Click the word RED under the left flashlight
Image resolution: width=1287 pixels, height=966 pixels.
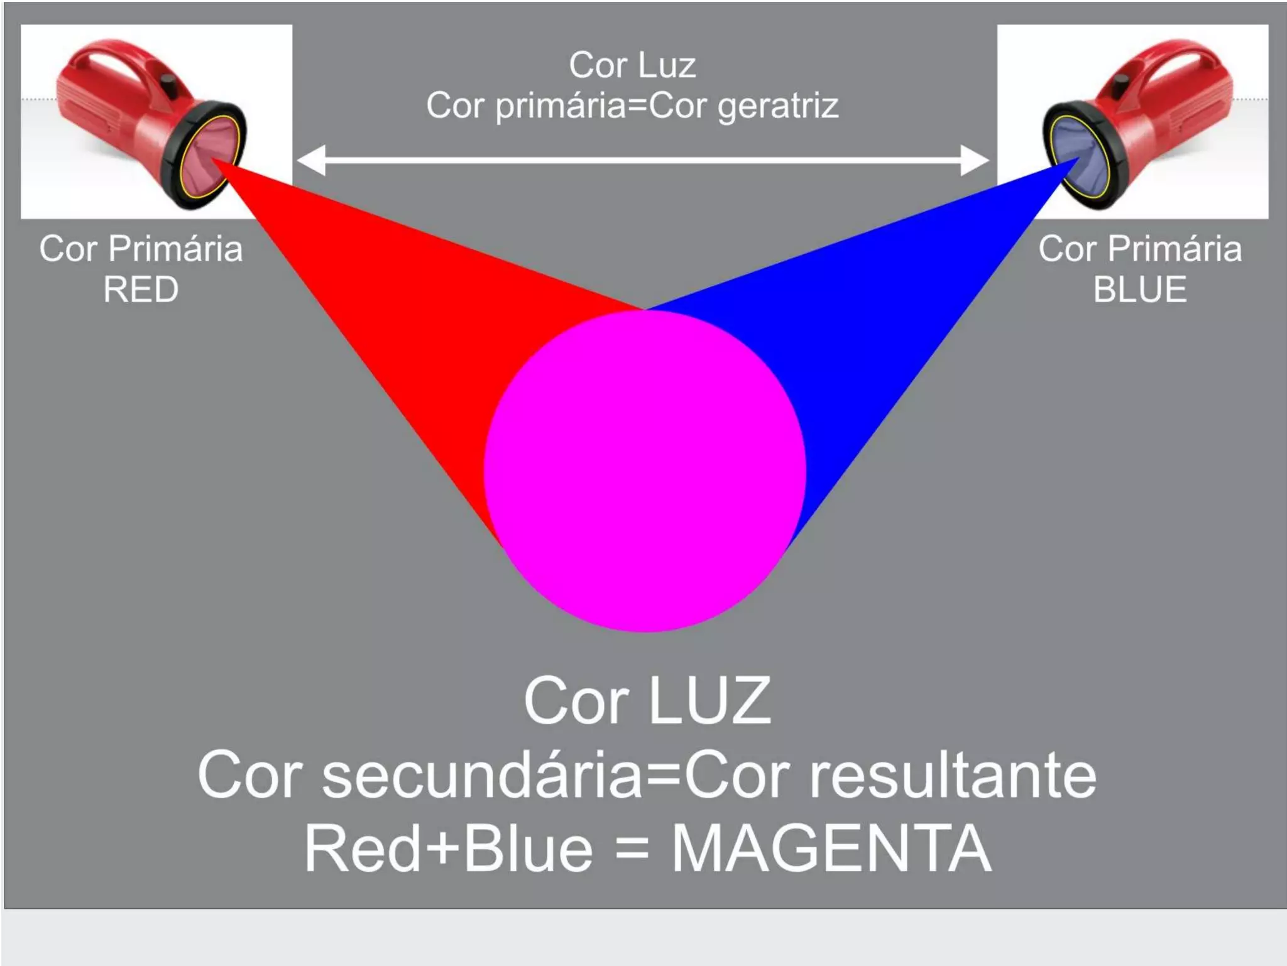[x=141, y=290]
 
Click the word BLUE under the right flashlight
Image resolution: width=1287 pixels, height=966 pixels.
[x=1139, y=290]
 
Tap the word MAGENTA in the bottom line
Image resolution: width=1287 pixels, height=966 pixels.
[x=831, y=849]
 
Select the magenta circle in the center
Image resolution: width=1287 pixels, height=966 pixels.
[x=645, y=471]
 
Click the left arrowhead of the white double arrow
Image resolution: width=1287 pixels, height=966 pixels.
[x=312, y=160]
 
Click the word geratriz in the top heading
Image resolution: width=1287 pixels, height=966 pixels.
[x=778, y=106]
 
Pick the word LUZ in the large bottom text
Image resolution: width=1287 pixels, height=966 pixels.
[x=709, y=701]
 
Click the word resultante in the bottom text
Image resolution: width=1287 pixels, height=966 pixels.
[x=953, y=776]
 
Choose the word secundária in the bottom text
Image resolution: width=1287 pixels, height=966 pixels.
[x=483, y=776]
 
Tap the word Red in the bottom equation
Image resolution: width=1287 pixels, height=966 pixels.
[x=362, y=849]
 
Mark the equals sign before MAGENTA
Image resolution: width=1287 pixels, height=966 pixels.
[x=632, y=849]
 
